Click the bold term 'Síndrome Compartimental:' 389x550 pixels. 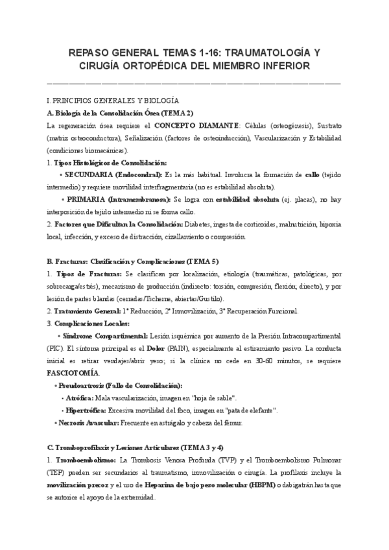(105, 336)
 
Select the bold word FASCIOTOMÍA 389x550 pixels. (73, 373)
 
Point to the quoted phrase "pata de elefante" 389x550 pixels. (253, 410)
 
